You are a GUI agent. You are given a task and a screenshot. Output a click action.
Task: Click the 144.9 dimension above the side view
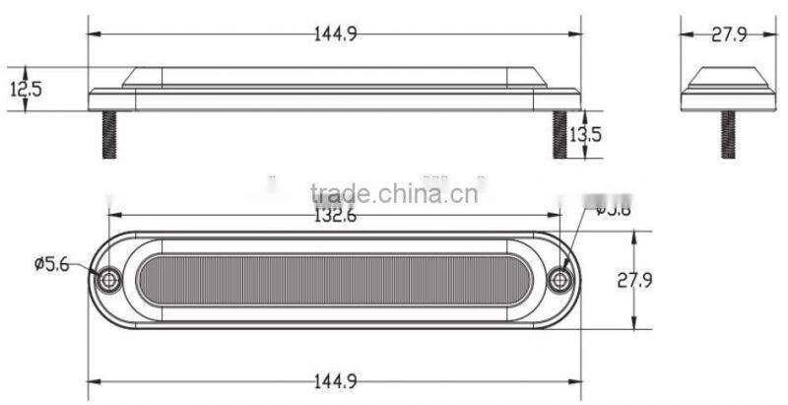coord(335,34)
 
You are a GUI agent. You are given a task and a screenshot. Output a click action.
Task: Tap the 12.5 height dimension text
coord(26,89)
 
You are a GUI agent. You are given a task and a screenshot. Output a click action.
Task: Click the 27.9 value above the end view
coord(728,34)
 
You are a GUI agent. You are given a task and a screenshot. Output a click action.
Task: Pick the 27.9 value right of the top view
coord(635,280)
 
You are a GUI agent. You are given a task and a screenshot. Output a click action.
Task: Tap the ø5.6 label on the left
coord(50,264)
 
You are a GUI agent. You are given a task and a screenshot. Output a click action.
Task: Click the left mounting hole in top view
coord(108,280)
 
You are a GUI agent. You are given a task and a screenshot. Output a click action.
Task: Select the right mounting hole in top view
coord(560,280)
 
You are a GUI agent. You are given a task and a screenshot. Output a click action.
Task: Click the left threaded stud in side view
coord(109,134)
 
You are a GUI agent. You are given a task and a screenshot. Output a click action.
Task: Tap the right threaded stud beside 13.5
coord(559,134)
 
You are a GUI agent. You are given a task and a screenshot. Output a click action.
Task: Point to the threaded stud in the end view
coord(728,132)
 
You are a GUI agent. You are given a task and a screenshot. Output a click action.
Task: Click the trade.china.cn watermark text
coord(394,193)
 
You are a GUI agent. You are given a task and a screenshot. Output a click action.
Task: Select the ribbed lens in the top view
coord(335,280)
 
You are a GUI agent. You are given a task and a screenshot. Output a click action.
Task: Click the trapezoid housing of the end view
coord(728,79)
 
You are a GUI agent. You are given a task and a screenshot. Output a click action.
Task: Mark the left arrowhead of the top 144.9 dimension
coord(94,34)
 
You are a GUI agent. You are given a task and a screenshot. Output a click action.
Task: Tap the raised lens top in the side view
coord(335,76)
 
